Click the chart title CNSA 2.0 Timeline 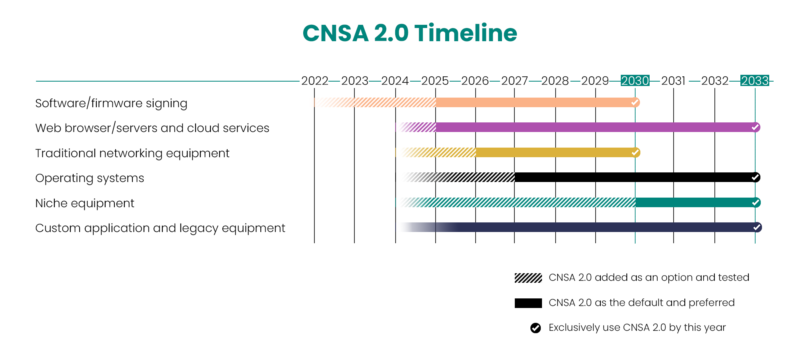click(410, 33)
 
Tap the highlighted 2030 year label click(635, 81)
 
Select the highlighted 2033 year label click(755, 81)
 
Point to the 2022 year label click(315, 81)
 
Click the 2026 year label click(475, 81)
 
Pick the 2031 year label click(674, 81)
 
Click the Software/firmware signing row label click(111, 103)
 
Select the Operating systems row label click(90, 178)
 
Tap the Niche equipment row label click(85, 203)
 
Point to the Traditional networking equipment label click(132, 153)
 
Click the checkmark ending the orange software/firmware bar click(635, 102)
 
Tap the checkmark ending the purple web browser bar click(755, 127)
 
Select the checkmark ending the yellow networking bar click(635, 152)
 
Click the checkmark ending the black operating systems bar click(755, 177)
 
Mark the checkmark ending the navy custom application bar click(757, 227)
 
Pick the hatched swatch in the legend click(528, 278)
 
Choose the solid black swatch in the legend click(528, 303)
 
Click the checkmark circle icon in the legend click(536, 328)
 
